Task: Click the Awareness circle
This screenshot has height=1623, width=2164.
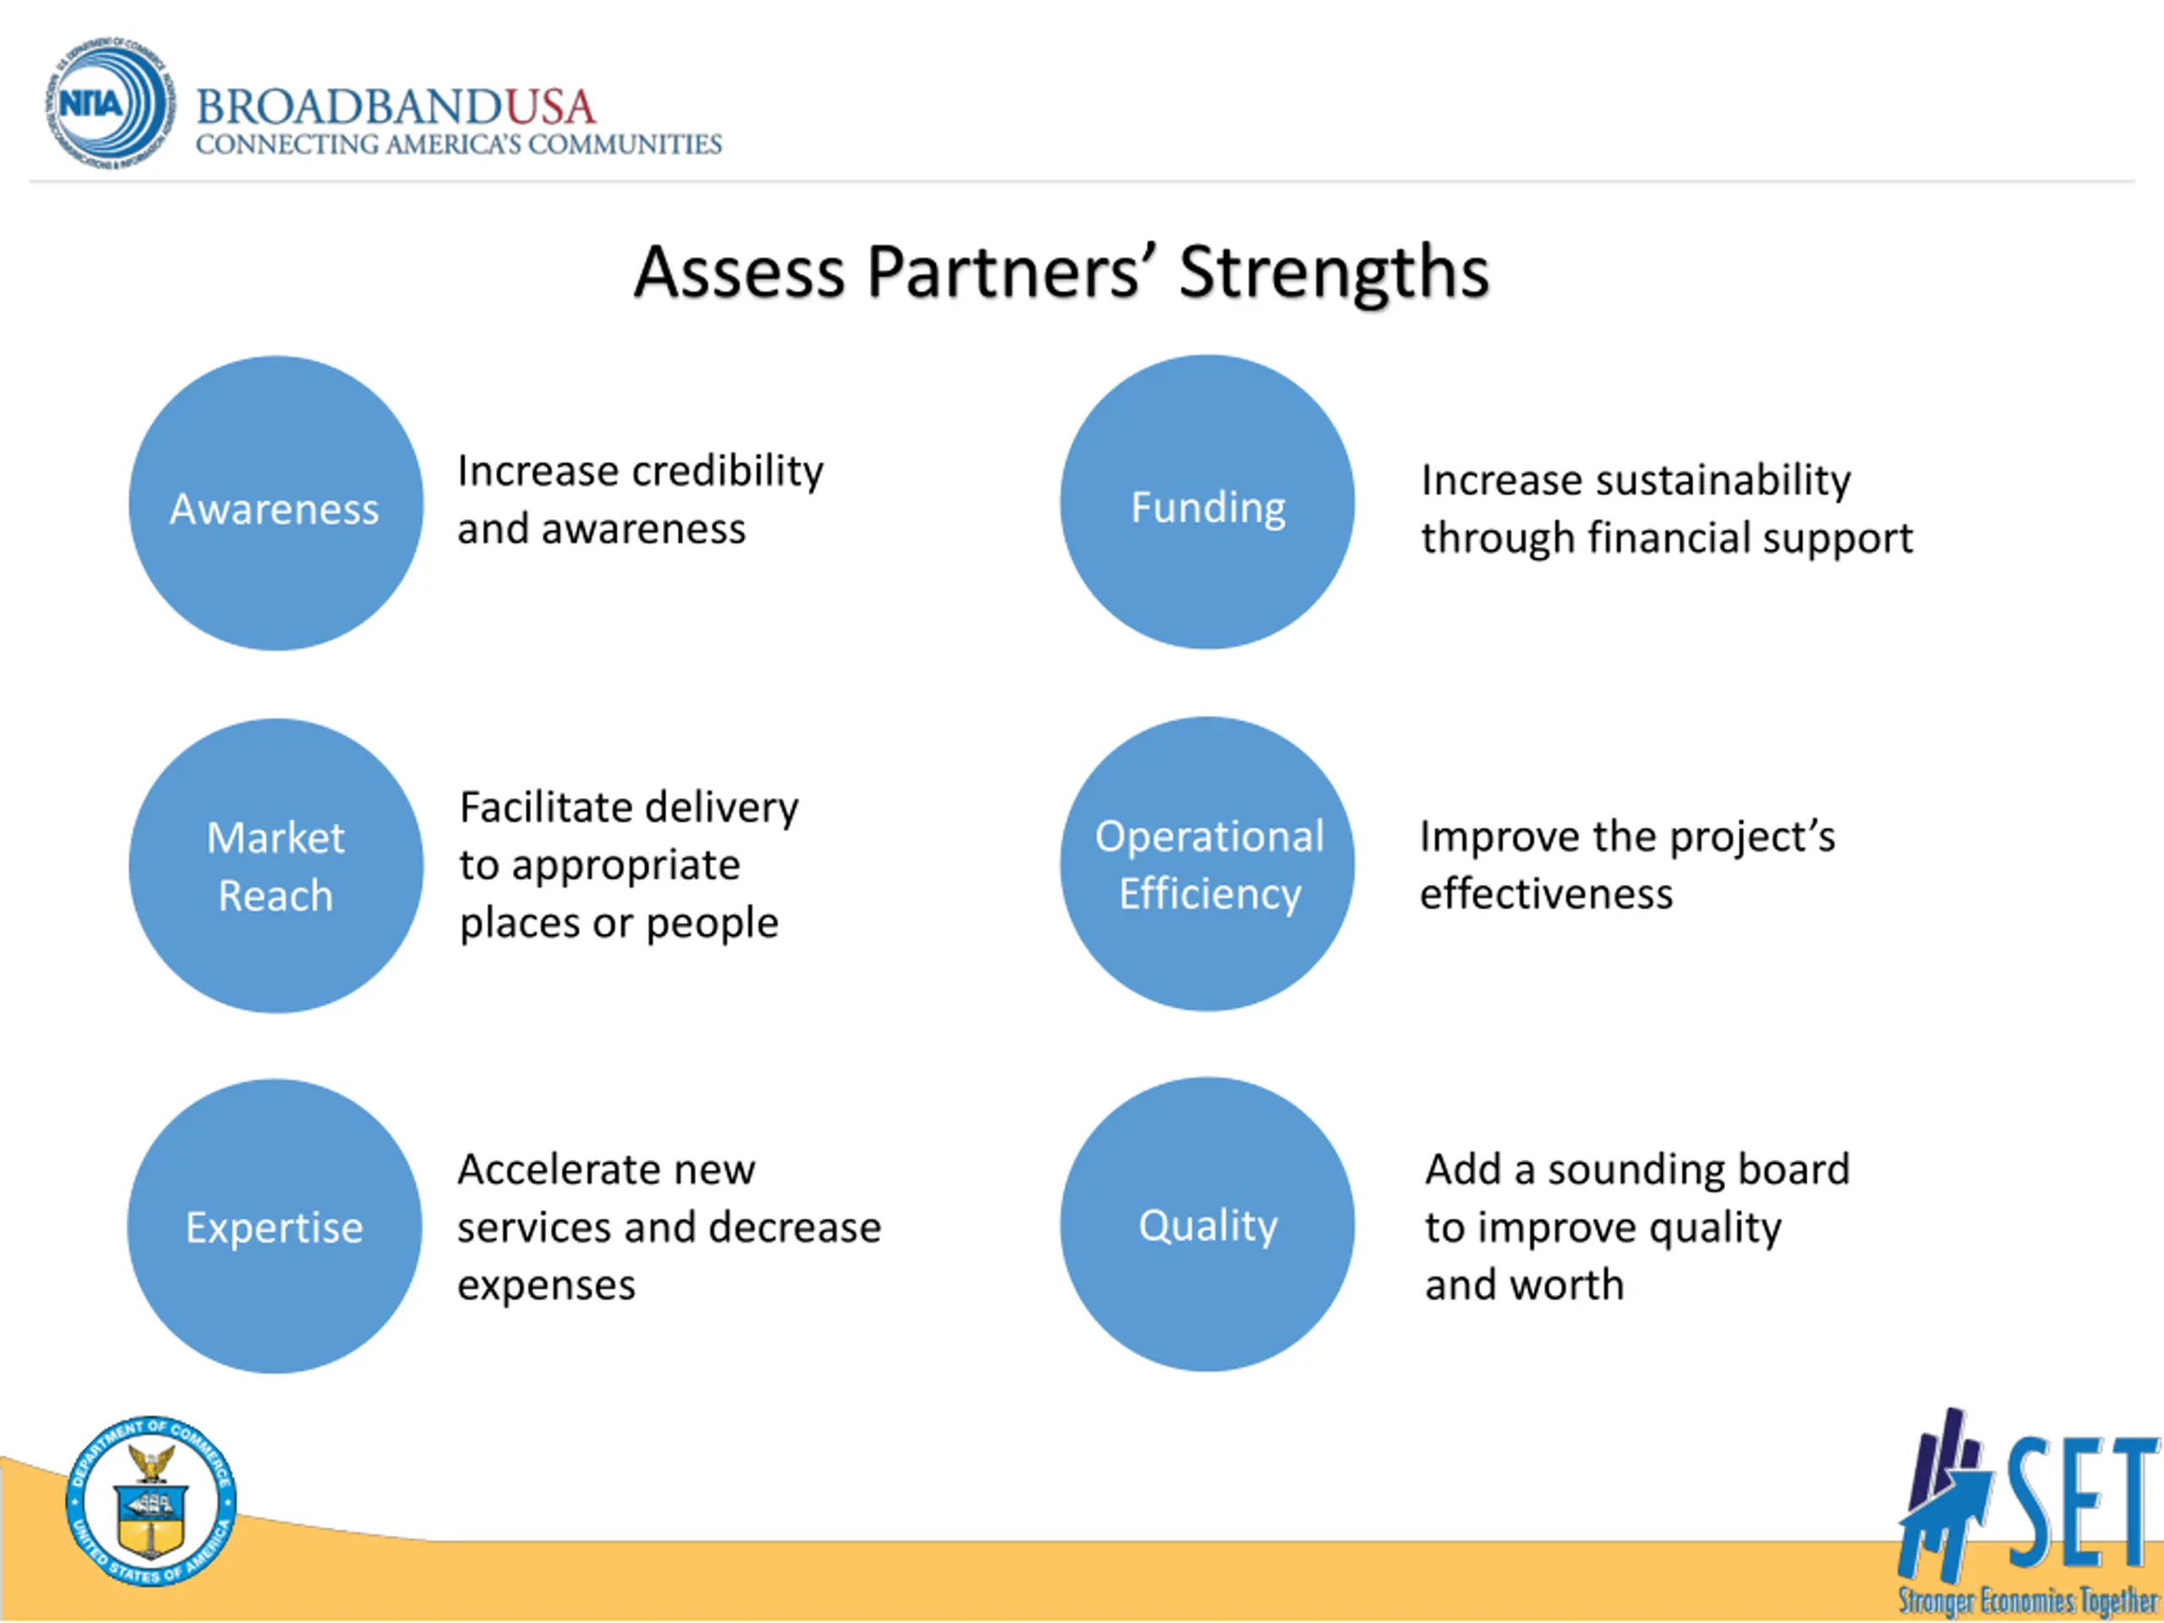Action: [x=276, y=503]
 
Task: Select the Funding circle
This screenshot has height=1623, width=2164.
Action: [x=1207, y=502]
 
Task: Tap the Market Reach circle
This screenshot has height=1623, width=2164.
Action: [x=276, y=866]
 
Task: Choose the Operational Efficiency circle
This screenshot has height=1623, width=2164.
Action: [x=1207, y=864]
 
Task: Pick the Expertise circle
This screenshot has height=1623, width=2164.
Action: [x=275, y=1226]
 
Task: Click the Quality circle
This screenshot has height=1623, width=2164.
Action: [x=1207, y=1224]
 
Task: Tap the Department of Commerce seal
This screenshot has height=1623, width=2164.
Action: [x=150, y=1500]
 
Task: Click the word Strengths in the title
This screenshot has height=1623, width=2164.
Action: [x=1333, y=272]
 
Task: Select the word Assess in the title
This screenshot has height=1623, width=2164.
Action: [x=740, y=272]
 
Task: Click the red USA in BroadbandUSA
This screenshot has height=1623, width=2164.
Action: [x=549, y=107]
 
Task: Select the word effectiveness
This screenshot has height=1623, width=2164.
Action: [x=1546, y=894]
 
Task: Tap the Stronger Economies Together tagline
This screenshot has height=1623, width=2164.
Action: [x=2027, y=1600]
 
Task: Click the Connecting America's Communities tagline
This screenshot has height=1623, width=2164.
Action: [x=458, y=145]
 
